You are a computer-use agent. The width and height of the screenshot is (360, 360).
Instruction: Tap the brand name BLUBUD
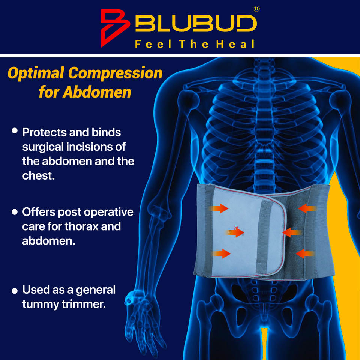195,25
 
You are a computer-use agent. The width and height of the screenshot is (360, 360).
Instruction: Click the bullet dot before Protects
15,131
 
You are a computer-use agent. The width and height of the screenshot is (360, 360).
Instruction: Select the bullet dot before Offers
15,212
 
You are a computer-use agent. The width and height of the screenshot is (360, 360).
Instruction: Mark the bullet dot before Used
15,291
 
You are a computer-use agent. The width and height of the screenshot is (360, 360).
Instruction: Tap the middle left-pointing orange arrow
291,232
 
